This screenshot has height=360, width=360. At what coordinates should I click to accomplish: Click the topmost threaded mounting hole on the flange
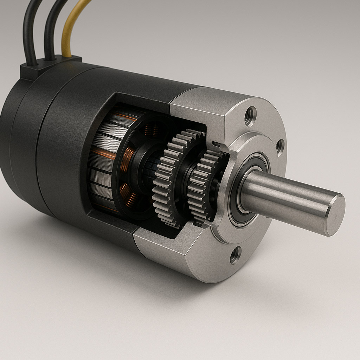(250, 116)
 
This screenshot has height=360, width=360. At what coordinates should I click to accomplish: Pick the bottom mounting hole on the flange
(235, 255)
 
